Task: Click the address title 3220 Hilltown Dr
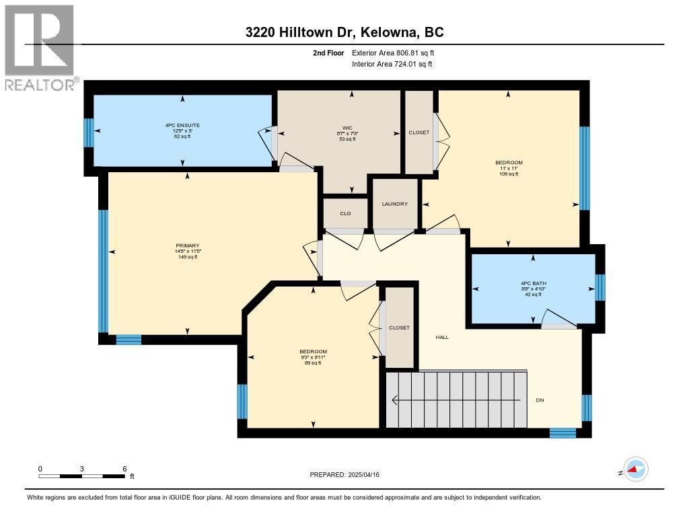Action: coord(344,32)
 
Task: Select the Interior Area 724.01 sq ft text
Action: coord(392,64)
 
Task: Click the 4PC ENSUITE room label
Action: coord(182,125)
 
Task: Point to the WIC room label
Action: coord(347,127)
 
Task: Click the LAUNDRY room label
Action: coord(395,204)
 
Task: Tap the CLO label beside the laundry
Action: coord(345,213)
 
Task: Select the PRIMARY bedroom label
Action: coord(188,245)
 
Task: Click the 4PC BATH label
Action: coord(533,282)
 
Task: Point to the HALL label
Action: coord(442,337)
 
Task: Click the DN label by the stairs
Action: coord(539,400)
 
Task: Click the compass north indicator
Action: coord(634,469)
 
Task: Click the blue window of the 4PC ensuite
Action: coord(88,132)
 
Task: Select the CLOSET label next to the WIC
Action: coord(419,132)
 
